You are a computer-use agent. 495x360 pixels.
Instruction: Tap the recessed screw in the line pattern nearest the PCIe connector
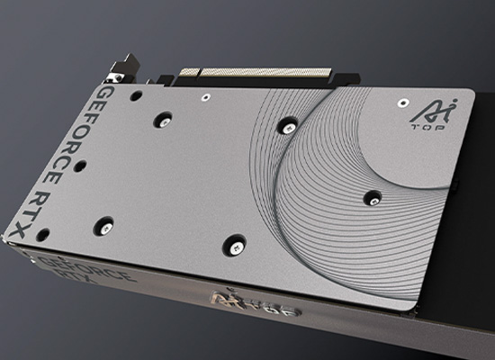click(287, 127)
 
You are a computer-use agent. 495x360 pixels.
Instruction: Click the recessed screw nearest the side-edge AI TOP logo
click(235, 241)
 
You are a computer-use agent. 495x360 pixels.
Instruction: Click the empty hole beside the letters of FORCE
click(81, 166)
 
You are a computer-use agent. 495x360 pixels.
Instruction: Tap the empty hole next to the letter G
click(135, 94)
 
